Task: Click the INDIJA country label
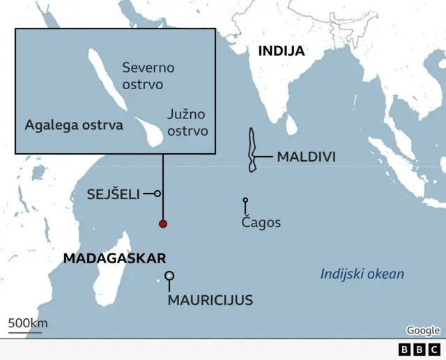coord(281,51)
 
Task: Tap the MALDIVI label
coord(306,157)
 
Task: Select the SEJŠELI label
coord(114,194)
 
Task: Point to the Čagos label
coord(261,223)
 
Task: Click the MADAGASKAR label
coord(114,258)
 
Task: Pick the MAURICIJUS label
coord(210,301)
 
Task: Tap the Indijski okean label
coord(362,274)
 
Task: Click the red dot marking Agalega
coord(163,224)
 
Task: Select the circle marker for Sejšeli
coord(157,194)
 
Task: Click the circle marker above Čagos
coord(245,201)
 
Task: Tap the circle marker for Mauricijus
coord(169,276)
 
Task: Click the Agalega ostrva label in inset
coord(74,125)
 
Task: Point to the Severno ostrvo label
coord(148,76)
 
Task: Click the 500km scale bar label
coord(27,322)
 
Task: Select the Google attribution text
coord(423,330)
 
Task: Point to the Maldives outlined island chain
coord(252,149)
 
